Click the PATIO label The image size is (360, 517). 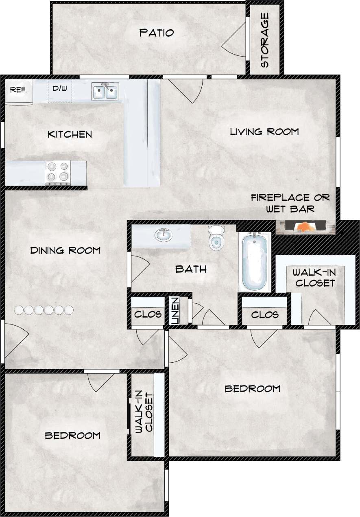point(157,33)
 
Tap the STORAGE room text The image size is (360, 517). point(264,40)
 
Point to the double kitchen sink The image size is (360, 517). point(105,91)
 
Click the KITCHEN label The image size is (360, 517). point(70,134)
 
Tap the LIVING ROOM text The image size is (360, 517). point(264,131)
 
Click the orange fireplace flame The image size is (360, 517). point(304,226)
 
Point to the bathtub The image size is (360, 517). point(254,261)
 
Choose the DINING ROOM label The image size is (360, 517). point(65,250)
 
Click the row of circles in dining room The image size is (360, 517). point(44,310)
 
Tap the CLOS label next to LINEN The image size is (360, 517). point(148,314)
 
